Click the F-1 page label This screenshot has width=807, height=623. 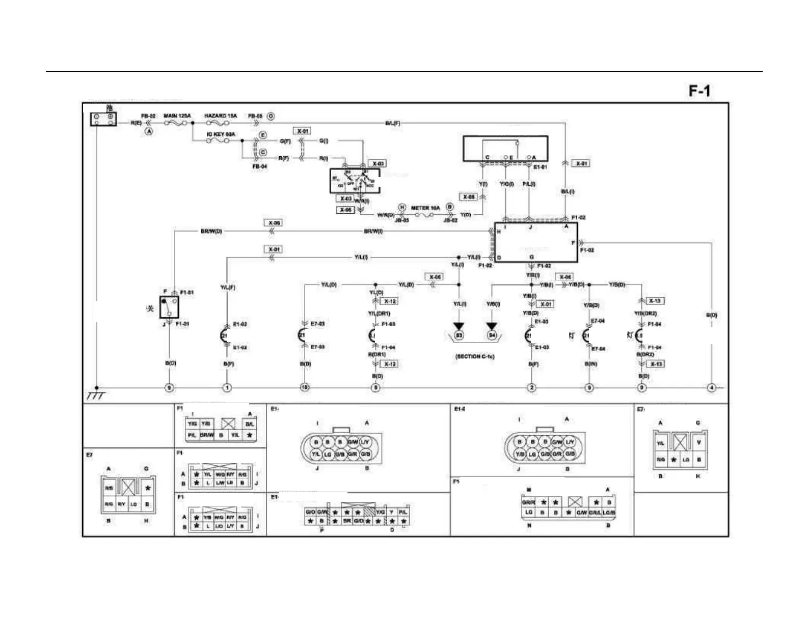point(700,91)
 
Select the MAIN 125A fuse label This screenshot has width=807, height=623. point(177,116)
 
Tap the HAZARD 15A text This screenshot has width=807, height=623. point(221,116)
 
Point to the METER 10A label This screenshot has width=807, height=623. point(425,208)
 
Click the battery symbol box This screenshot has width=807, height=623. point(103,119)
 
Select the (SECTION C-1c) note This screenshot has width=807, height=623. point(475,357)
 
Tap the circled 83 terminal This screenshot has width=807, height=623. point(459,335)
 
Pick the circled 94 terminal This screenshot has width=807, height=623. point(492,335)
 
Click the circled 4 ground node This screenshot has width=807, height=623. point(711,388)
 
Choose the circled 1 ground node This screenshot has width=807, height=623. point(227,388)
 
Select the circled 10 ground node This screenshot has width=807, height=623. point(305,388)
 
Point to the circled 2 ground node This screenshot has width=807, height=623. point(531,388)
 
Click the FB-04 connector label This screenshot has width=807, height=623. point(259,166)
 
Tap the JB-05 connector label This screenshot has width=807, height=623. point(401,220)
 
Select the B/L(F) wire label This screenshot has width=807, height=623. point(392,123)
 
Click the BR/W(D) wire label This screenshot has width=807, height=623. point(211,232)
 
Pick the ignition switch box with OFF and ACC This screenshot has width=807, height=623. point(355,181)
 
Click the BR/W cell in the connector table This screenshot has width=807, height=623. point(206,436)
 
